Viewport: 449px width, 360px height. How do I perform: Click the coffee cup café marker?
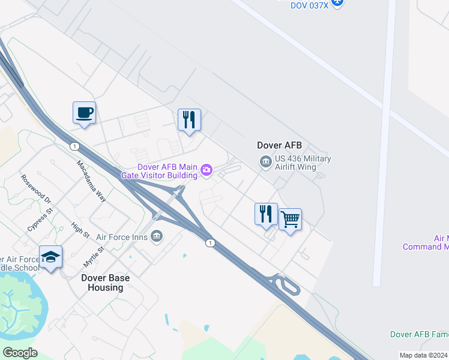[x=84, y=112]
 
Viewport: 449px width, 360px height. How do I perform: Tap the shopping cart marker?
[x=290, y=220]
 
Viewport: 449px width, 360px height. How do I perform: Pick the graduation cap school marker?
[x=51, y=257]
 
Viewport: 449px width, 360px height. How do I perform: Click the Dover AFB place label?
[x=279, y=145]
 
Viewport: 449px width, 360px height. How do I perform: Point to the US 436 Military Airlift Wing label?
[x=303, y=163]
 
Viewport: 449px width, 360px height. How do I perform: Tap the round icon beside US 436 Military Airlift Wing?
[x=265, y=161]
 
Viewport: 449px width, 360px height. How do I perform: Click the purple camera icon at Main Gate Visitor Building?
[x=206, y=171]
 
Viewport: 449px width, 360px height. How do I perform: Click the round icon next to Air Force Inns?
[x=157, y=236]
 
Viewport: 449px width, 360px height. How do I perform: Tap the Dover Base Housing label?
[x=106, y=283]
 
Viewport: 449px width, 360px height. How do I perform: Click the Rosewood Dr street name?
[x=36, y=188]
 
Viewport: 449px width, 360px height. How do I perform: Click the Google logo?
[x=20, y=353]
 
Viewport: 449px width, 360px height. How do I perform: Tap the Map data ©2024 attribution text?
[x=423, y=355]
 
